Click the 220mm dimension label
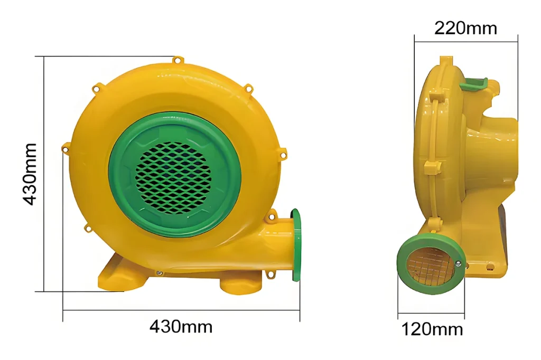coord(465,28)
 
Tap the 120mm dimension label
coord(432,329)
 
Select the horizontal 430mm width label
coord(181,327)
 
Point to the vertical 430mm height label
coord(30,174)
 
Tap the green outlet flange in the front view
coord(296,245)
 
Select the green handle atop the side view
coord(474,84)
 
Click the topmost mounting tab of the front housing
coord(177,61)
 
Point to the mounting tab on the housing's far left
coord(65,149)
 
